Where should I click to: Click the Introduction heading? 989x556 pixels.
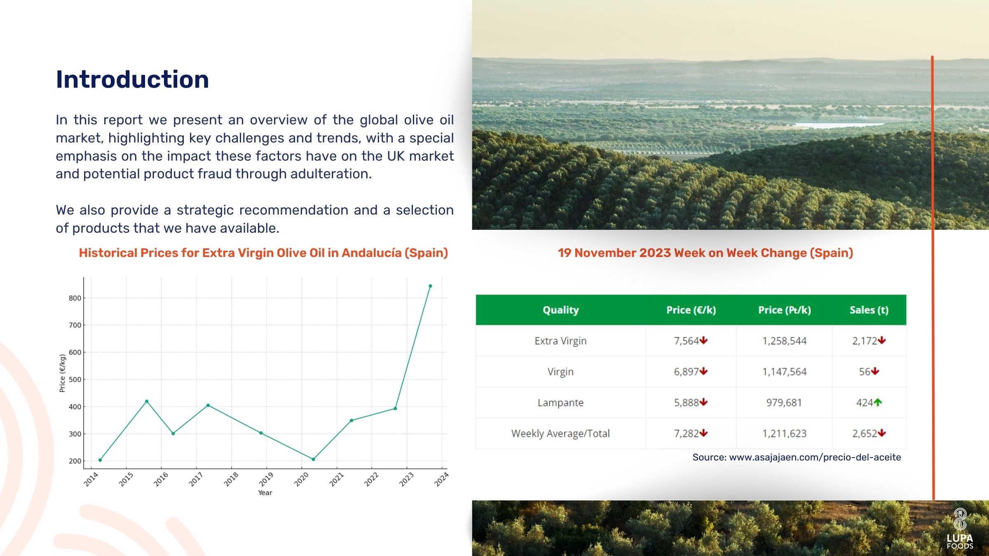coord(132,79)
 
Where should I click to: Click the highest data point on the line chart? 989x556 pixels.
coord(430,286)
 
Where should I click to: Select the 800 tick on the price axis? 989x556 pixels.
coord(75,298)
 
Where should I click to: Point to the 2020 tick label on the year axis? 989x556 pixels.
coord(301,479)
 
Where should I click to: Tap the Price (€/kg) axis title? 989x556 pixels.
coord(62,373)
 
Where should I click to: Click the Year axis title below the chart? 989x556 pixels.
coord(265,493)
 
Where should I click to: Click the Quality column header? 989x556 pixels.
coord(560,310)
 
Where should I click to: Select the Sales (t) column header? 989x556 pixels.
coord(869,310)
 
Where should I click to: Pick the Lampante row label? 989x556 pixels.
coord(560,402)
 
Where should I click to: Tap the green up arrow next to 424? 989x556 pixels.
coord(878,402)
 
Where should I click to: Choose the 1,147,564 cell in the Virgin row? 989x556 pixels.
coord(784,371)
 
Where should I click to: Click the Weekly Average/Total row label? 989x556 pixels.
coord(560,433)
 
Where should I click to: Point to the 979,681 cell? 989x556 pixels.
coord(784,402)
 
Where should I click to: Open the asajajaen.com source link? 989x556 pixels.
coord(815,457)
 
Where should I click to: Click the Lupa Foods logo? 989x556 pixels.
coord(960,529)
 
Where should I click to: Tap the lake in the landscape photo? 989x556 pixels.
coord(837,124)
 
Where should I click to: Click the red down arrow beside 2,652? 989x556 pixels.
coord(882,433)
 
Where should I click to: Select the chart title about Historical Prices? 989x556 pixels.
coord(263,252)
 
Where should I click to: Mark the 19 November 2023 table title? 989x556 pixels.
coord(705,252)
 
